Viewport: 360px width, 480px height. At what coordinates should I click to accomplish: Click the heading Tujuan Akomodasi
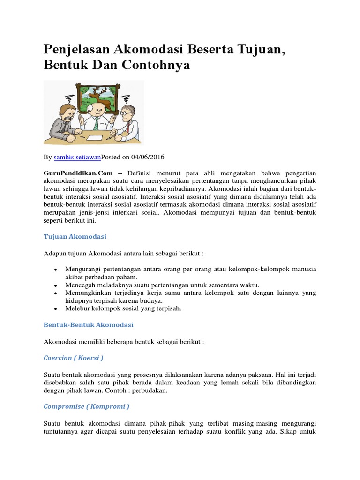tap(75, 237)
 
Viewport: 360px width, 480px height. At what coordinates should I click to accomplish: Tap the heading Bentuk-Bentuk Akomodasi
tap(88, 324)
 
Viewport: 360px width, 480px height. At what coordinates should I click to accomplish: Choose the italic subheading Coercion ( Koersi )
tap(73, 358)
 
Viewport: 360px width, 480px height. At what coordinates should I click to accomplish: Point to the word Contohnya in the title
tap(156, 65)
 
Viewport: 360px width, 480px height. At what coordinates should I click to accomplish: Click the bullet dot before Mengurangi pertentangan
tap(55, 270)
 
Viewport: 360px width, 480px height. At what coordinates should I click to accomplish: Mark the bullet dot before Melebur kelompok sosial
tap(55, 309)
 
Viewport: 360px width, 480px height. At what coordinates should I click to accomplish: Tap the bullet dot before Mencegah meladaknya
tap(55, 285)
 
